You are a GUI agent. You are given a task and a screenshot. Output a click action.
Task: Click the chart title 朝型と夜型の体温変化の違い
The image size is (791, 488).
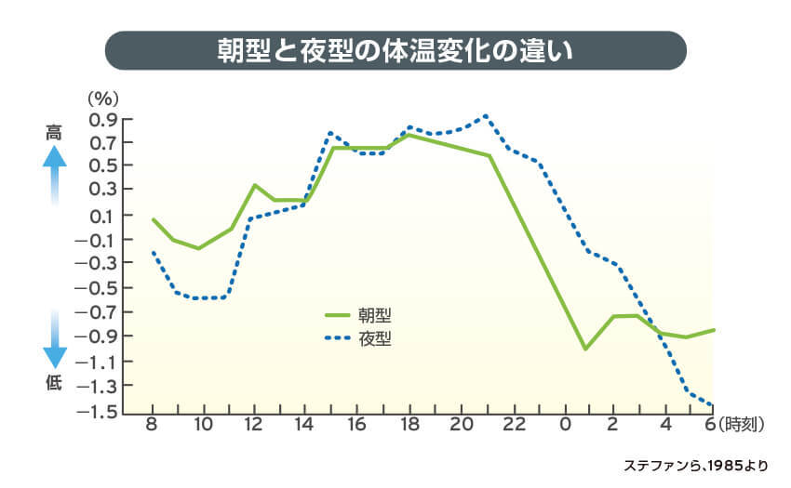[395, 51]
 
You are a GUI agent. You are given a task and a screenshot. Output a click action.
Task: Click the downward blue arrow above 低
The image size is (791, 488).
[55, 340]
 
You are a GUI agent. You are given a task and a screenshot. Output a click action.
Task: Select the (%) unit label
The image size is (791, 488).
[100, 96]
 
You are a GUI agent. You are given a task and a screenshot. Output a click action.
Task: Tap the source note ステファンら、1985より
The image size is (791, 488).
[697, 464]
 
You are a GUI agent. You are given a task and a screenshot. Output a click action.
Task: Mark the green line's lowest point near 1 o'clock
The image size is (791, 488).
[584, 350]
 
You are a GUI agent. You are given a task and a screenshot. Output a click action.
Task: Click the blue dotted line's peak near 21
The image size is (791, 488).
[486, 116]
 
